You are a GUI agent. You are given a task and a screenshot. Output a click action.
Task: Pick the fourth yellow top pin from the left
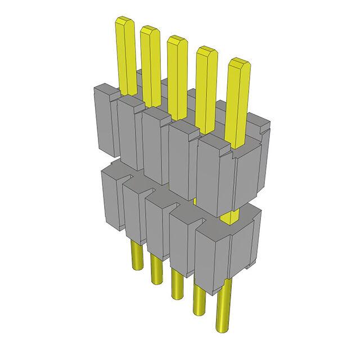(206, 84)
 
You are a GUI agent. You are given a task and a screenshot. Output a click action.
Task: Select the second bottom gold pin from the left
(155, 269)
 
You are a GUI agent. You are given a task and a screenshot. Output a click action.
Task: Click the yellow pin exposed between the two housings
(229, 217)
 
